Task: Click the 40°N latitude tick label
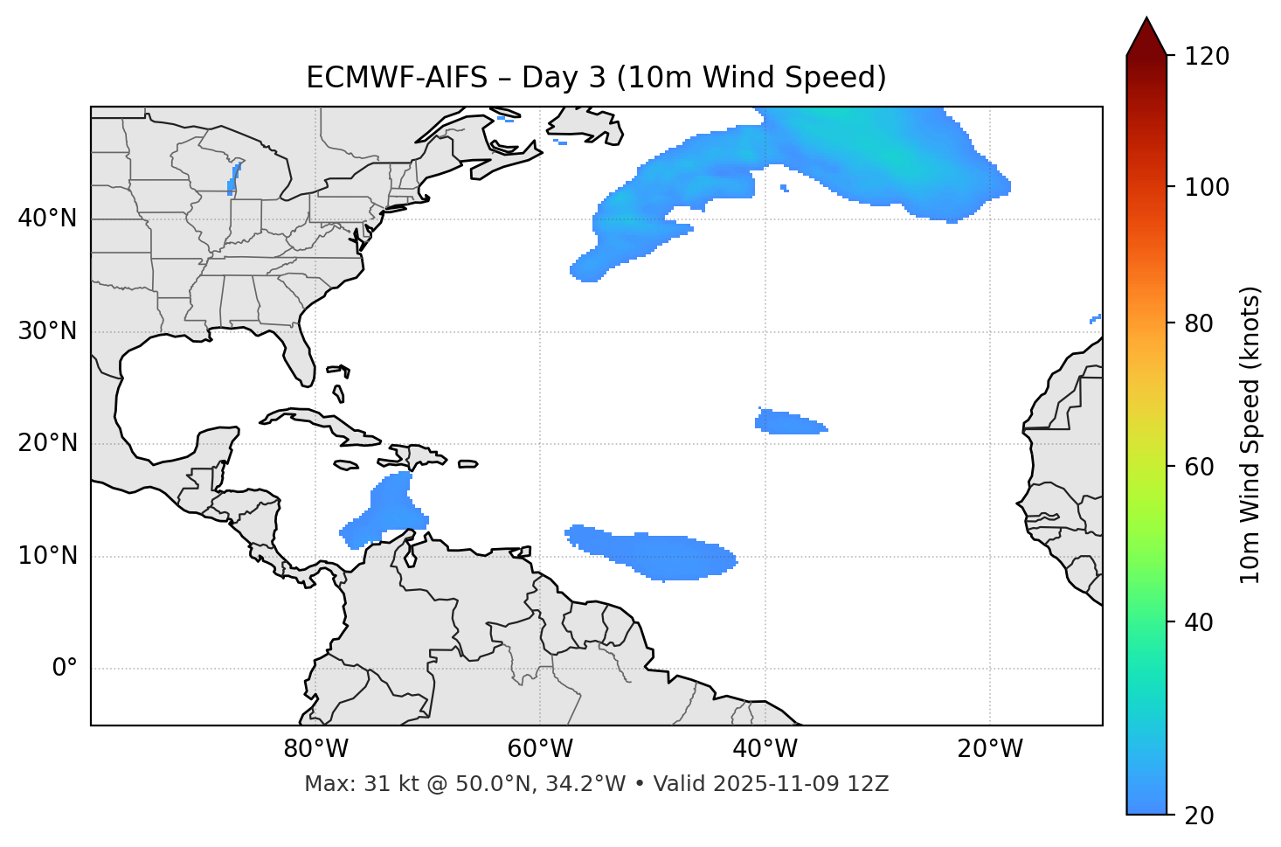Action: pyautogui.click(x=47, y=219)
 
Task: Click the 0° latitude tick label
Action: pyautogui.click(x=65, y=669)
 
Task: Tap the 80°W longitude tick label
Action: pyautogui.click(x=315, y=749)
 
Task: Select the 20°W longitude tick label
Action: pyautogui.click(x=990, y=749)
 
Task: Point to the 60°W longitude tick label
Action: pyautogui.click(x=540, y=749)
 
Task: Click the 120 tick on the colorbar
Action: pyautogui.click(x=1207, y=57)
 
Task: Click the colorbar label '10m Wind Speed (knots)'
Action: pyautogui.click(x=1250, y=434)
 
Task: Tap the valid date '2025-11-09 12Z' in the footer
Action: pyautogui.click(x=800, y=784)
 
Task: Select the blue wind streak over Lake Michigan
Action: pyautogui.click(x=233, y=178)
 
